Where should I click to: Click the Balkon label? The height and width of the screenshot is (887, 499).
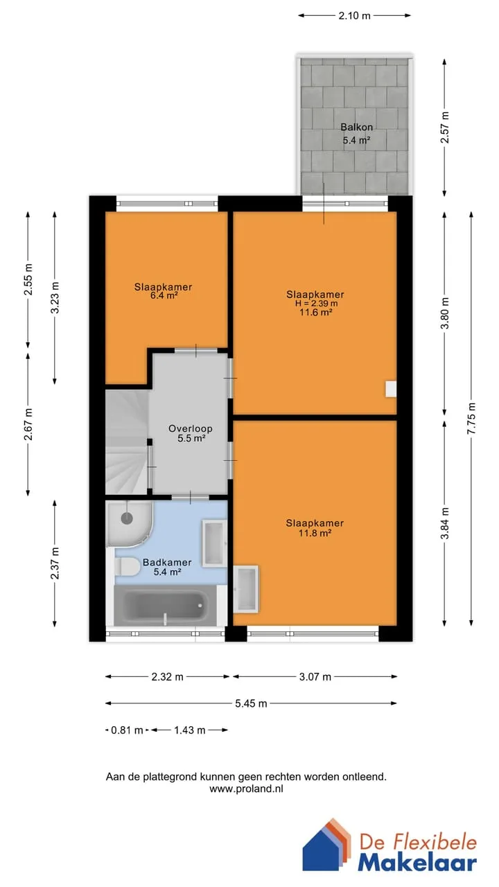click(x=356, y=127)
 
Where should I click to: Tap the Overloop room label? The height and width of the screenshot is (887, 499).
click(x=191, y=428)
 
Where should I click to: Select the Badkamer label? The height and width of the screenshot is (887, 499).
click(x=167, y=562)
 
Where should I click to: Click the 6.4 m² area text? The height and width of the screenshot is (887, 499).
click(x=163, y=296)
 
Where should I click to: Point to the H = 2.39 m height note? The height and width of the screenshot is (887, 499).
click(x=316, y=304)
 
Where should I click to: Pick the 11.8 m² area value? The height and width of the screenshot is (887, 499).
click(x=315, y=533)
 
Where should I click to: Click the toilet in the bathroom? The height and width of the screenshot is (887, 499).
click(x=127, y=567)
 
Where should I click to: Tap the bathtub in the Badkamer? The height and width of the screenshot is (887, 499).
click(x=165, y=606)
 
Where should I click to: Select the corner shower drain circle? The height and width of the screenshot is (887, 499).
click(x=127, y=518)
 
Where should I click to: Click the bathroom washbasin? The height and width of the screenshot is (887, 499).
click(x=214, y=543)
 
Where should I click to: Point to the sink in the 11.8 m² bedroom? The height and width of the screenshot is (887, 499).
click(x=246, y=589)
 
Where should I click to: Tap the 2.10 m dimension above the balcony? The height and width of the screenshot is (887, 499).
click(x=354, y=16)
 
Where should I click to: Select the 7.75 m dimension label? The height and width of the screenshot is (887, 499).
click(x=471, y=418)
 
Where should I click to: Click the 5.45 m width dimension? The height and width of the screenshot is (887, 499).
click(x=251, y=703)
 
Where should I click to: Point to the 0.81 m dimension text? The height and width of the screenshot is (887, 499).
click(x=127, y=730)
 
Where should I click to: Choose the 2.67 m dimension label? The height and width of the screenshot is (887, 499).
click(x=28, y=424)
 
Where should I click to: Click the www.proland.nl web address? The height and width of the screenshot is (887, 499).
click(x=246, y=789)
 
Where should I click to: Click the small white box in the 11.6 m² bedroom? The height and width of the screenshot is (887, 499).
click(x=391, y=389)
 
